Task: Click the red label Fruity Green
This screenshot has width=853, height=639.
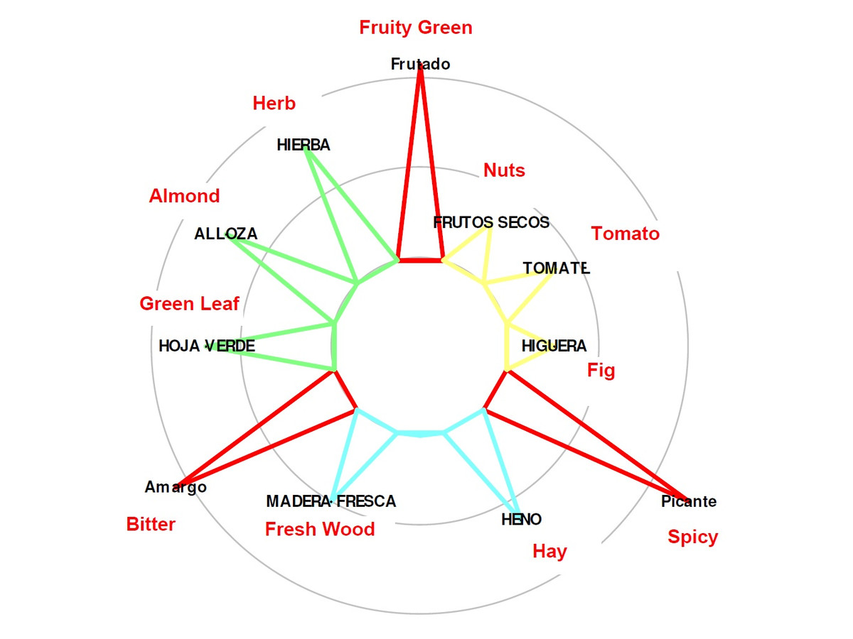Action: tap(415, 28)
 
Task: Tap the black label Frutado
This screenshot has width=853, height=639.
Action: tap(421, 64)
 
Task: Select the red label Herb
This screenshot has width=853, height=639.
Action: tap(274, 103)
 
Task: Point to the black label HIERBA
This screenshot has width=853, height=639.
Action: tap(304, 145)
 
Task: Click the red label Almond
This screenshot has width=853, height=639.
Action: tap(184, 196)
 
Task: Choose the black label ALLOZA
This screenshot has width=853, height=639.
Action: tap(226, 234)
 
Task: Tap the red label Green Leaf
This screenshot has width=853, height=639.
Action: tap(189, 303)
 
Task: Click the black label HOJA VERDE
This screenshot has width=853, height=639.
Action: tap(207, 346)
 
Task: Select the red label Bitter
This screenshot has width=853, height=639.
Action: tap(151, 524)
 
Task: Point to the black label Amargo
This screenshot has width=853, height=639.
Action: tap(176, 488)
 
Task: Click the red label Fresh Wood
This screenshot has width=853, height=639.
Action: tap(320, 529)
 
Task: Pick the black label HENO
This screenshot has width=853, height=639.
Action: tap(522, 520)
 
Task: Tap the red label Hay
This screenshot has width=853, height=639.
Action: tap(549, 552)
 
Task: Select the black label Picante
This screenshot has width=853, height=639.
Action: tap(689, 502)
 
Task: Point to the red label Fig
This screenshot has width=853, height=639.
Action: tap(601, 371)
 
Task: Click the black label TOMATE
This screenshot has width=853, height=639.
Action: tap(556, 268)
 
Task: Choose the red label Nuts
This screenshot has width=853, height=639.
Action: tap(504, 170)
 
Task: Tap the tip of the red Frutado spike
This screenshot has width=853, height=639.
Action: tap(420, 66)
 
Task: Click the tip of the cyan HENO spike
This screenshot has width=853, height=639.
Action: tap(517, 513)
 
